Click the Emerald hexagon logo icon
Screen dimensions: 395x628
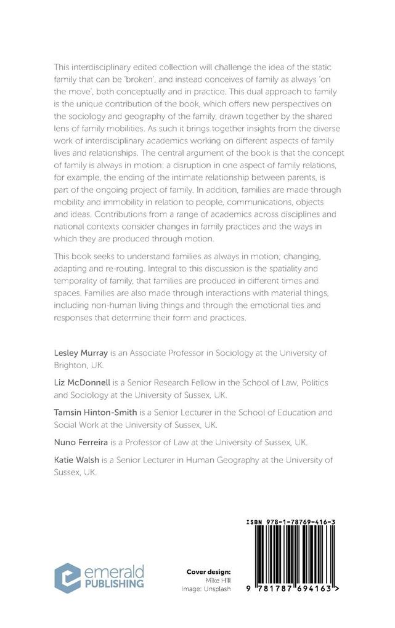(67, 578)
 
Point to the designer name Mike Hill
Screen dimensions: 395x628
(211, 580)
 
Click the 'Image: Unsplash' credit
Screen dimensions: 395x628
(202, 589)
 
